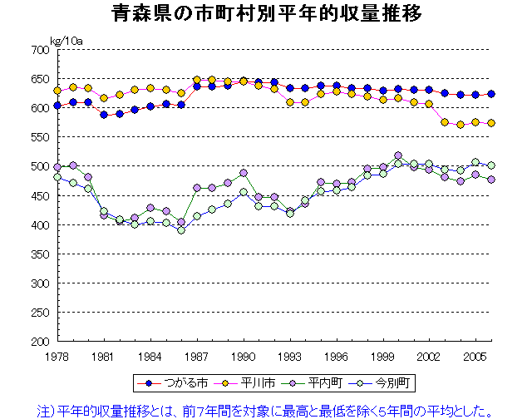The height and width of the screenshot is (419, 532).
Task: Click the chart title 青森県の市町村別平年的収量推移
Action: click(266, 14)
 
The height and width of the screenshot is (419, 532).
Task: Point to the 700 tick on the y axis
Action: click(40, 50)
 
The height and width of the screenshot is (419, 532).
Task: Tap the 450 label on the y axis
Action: click(40, 195)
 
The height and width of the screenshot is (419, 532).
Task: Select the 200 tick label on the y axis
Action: click(40, 342)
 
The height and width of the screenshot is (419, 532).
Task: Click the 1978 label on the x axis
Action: click(57, 356)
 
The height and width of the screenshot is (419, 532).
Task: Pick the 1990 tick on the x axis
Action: click(243, 356)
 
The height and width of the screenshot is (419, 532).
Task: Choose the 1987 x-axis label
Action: click(196, 356)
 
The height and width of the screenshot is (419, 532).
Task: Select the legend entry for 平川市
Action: click(244, 383)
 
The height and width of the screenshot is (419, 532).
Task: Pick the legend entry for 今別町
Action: click(382, 383)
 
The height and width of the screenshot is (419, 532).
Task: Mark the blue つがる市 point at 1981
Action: click(104, 115)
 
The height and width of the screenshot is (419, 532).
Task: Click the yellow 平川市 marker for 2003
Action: click(445, 122)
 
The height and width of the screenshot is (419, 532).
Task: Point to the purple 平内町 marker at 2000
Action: click(398, 155)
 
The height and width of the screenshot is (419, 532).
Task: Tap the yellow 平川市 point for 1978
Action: click(57, 91)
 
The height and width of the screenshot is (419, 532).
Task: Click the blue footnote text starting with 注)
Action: click(266, 410)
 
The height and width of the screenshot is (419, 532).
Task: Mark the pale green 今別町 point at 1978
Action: click(57, 177)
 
